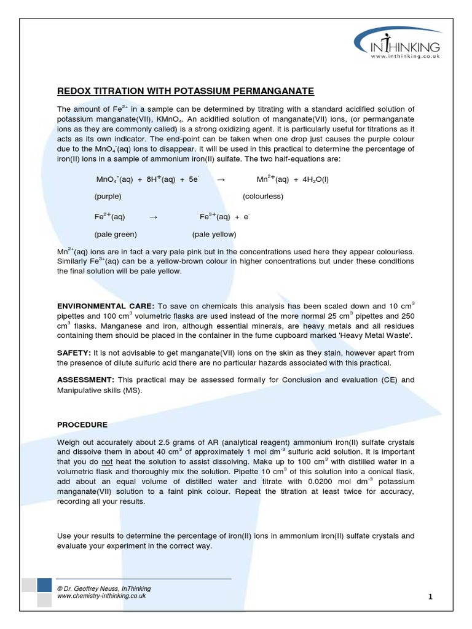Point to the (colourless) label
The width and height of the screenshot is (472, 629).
coord(262,197)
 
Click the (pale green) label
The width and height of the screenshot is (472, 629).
coord(116,234)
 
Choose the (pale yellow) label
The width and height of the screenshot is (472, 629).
coord(214,234)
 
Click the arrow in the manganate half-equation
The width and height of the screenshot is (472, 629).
coord(222,179)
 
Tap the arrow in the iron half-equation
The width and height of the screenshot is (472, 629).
coord(154,217)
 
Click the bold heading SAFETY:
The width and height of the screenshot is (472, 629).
coord(74,353)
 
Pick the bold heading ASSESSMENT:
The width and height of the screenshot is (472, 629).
coord(85,380)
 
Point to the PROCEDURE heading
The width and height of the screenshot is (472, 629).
coord(82,424)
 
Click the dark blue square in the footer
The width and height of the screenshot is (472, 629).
coord(44,585)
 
